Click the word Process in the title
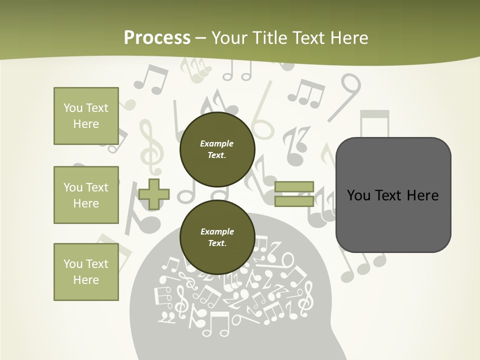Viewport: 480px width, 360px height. coord(157,38)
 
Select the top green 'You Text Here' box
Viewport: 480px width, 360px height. coord(86,116)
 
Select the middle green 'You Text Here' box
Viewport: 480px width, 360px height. coord(86,195)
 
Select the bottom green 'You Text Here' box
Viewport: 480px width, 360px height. coord(86,272)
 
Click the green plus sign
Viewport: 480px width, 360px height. coord(154,194)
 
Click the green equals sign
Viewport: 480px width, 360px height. coord(294,194)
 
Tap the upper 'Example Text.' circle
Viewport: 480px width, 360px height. coord(217,149)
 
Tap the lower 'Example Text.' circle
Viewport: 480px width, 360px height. coord(217,237)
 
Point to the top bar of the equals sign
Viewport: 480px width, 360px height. coord(294,187)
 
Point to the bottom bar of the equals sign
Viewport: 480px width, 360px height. coord(294,201)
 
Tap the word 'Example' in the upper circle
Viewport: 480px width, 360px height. coord(217,143)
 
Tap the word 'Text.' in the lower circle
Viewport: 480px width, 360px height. coord(217,243)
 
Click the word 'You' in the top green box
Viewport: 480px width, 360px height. coord(72,108)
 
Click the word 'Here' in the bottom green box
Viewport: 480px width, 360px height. coord(86,280)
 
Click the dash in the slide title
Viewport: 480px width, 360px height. coord(201,38)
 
